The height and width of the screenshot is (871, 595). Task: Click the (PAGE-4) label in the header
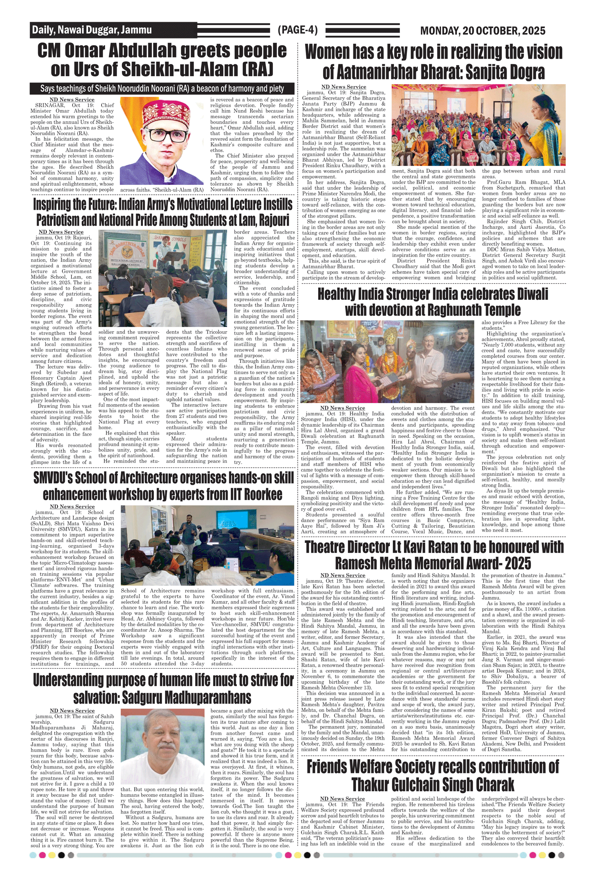pyautogui.click(x=297, y=30)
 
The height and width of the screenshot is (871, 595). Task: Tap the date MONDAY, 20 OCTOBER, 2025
pyautogui.click(x=482, y=31)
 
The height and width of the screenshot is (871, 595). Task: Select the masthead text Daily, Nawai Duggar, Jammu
pyautogui.click(x=92, y=30)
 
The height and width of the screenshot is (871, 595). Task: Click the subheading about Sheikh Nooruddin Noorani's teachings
pyautogui.click(x=162, y=88)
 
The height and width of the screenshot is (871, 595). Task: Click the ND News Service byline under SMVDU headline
pyautogui.click(x=72, y=506)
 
